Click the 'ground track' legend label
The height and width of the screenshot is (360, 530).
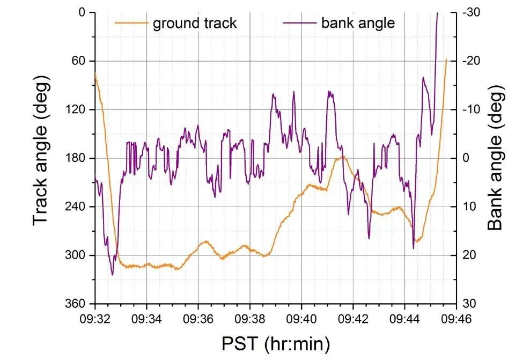pos(195,23)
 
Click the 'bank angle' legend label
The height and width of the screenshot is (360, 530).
pos(358,23)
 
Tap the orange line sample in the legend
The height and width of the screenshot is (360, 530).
pos(131,23)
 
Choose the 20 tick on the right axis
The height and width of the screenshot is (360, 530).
pos(470,255)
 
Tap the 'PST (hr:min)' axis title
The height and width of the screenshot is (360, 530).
pos(275,342)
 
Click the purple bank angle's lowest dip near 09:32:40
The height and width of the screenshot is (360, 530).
pos(112,274)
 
